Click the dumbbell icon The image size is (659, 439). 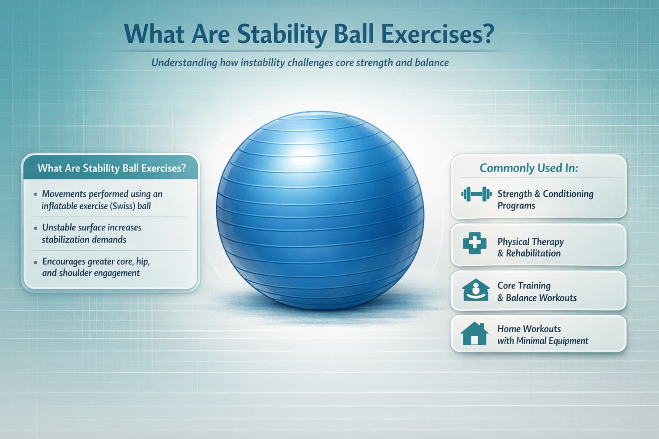coord(476,195)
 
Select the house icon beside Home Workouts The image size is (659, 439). coord(475,334)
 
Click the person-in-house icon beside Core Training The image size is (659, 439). coord(475,290)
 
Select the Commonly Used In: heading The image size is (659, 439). coord(529,168)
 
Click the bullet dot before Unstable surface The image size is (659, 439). coord(36,228)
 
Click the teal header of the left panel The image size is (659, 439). coord(112,168)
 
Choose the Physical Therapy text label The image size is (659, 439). coord(530,242)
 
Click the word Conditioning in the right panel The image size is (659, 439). coord(568,194)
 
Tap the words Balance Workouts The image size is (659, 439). coord(541,298)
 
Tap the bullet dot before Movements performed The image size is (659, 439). coord(36,195)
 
